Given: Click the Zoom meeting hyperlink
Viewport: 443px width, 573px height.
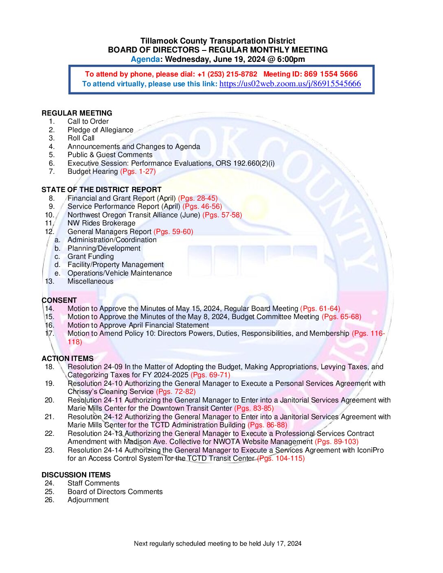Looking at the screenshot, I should (x=290, y=84).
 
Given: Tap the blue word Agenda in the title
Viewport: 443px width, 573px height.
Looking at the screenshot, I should (x=145, y=59).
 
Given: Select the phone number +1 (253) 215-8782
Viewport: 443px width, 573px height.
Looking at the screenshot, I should (x=227, y=74).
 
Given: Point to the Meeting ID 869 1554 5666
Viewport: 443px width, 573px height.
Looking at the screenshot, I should (x=331, y=74).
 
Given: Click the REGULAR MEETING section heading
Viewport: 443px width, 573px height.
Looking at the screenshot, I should (x=77, y=113).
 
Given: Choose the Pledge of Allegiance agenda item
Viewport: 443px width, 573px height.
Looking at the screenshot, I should (x=100, y=130).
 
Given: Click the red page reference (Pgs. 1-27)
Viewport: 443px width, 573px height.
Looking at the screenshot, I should (x=138, y=171).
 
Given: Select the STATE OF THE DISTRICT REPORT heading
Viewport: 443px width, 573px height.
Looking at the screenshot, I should (x=101, y=190).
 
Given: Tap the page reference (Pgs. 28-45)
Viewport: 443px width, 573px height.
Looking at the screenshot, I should (x=198, y=198).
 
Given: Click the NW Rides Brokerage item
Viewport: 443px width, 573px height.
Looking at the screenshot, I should (x=101, y=223).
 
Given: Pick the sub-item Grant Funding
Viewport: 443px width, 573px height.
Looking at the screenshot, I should (x=90, y=256).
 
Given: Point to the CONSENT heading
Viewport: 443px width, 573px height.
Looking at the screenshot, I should (x=59, y=300).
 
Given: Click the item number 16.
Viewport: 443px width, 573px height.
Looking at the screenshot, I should (x=49, y=325).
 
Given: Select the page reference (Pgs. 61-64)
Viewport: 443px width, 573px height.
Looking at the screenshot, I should (x=320, y=308).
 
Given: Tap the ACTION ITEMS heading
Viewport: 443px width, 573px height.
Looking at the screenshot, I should (x=68, y=359).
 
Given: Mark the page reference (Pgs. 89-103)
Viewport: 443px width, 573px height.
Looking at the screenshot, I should (x=337, y=442).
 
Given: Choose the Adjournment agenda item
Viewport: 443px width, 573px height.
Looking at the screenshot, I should (x=88, y=500).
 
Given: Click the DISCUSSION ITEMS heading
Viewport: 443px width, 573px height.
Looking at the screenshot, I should (x=76, y=475).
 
